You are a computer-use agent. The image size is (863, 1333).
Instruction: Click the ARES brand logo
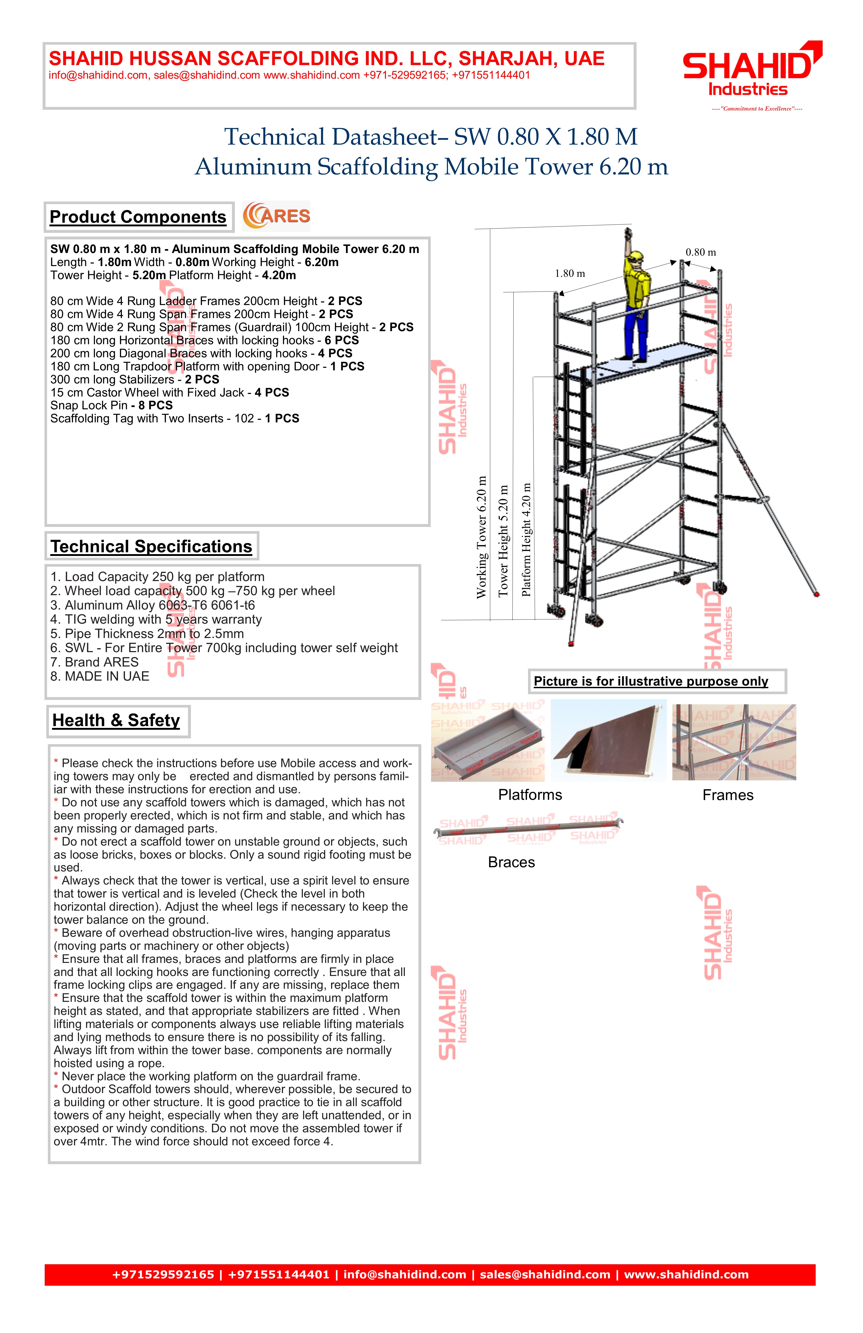(276, 216)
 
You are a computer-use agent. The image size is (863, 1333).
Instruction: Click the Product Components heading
(138, 217)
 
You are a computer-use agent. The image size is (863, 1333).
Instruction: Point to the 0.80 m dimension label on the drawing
(701, 252)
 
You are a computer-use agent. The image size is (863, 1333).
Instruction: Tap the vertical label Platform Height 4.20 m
(526, 539)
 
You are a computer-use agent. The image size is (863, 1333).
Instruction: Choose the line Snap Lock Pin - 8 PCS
(111, 405)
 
